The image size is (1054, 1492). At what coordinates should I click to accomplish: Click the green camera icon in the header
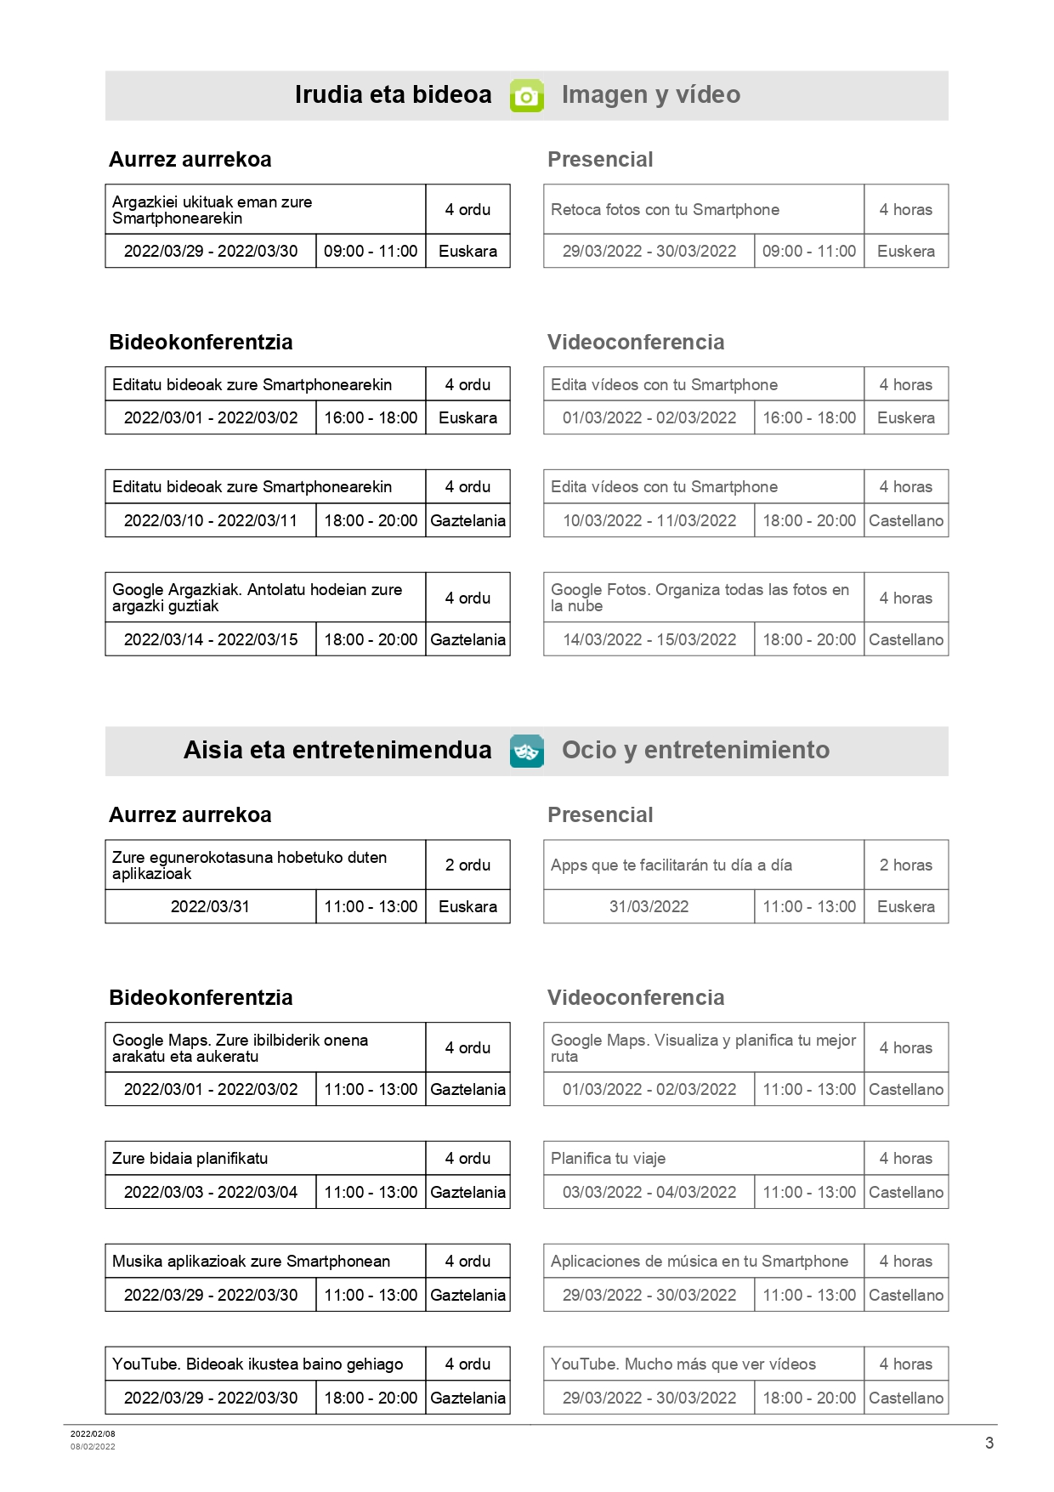pos(526,96)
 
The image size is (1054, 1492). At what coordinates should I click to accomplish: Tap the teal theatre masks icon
pos(526,751)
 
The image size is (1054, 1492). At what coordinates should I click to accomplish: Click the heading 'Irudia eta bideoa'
pos(393,94)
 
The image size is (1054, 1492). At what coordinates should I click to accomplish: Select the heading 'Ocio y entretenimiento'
pos(695,750)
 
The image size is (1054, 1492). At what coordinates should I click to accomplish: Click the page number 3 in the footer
pos(989,1443)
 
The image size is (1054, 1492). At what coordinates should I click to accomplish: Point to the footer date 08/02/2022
pos(93,1446)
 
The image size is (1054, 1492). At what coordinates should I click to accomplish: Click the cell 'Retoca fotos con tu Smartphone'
pos(665,210)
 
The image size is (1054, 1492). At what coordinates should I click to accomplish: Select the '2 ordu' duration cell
pos(467,865)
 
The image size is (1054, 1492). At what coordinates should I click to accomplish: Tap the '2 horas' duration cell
pos(905,865)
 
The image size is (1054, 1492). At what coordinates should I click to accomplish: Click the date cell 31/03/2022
pos(649,906)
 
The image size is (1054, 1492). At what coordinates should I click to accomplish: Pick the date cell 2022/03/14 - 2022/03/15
pos(211,639)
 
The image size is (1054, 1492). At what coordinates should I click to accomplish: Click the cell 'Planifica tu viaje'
pos(608,1158)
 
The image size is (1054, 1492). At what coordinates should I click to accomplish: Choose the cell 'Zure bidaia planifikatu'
pos(190,1158)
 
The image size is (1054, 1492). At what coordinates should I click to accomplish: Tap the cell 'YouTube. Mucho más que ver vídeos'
pos(683,1364)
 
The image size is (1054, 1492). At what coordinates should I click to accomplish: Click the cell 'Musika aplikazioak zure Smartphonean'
pos(251,1261)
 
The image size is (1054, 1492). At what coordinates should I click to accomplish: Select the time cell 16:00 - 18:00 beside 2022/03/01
pos(371,417)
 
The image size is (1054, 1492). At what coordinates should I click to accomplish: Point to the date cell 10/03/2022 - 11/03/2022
pos(649,520)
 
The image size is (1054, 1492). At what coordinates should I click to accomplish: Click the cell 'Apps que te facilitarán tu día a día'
pos(671,865)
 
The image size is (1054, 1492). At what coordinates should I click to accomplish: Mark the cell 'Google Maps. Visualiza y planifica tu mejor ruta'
pos(703,1047)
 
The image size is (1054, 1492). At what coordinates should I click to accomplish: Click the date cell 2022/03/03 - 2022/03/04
pos(211,1192)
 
